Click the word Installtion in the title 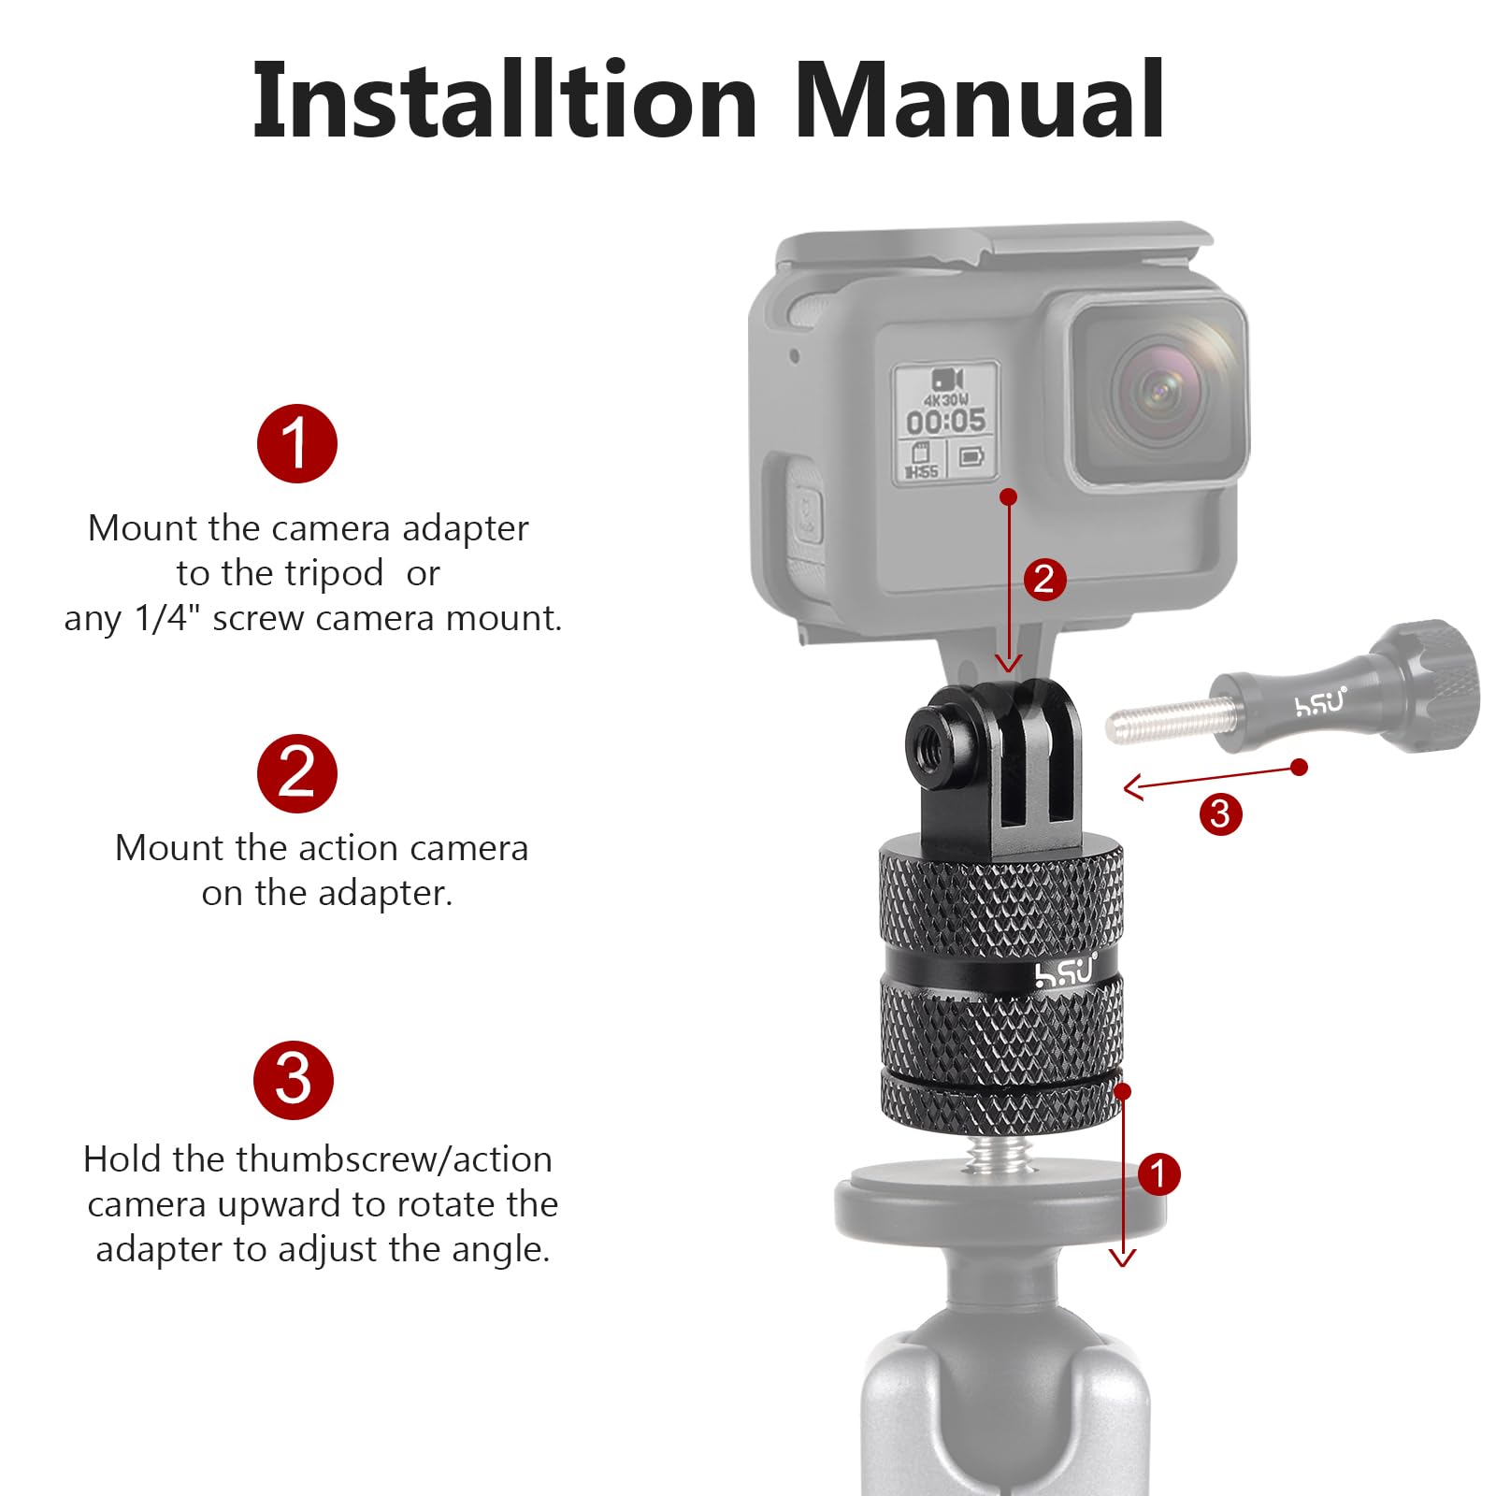tap(505, 101)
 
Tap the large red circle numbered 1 tap(296, 443)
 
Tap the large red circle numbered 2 tap(296, 773)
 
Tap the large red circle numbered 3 tap(294, 1080)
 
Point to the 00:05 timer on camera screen tap(945, 421)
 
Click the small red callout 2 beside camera tap(1044, 579)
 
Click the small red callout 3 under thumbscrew tap(1220, 813)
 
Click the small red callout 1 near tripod tap(1158, 1173)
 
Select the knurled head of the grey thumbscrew tap(1431, 684)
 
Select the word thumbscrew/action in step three tap(394, 1159)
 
